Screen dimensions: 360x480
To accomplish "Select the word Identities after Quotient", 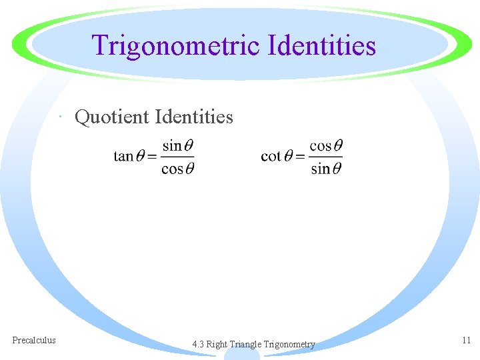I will [194, 117].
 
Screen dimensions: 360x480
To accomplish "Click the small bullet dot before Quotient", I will [61, 119].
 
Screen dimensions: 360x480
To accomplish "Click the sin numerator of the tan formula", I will [172, 145].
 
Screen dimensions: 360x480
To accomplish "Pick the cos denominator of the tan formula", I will [172, 169].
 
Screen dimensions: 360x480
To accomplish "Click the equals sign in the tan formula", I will [151, 157].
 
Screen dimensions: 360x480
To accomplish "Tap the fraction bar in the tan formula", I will [177, 157].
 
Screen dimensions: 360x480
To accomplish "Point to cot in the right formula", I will [271, 157].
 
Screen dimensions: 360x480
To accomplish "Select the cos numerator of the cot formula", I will [321, 145].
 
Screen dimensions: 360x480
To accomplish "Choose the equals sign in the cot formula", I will [299, 157].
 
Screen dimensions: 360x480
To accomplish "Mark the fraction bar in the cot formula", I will [326, 157].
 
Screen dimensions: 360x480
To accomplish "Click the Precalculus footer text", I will [34, 340].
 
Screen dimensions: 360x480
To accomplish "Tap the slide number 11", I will [466, 340].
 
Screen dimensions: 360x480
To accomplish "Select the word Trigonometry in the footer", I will [289, 345].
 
